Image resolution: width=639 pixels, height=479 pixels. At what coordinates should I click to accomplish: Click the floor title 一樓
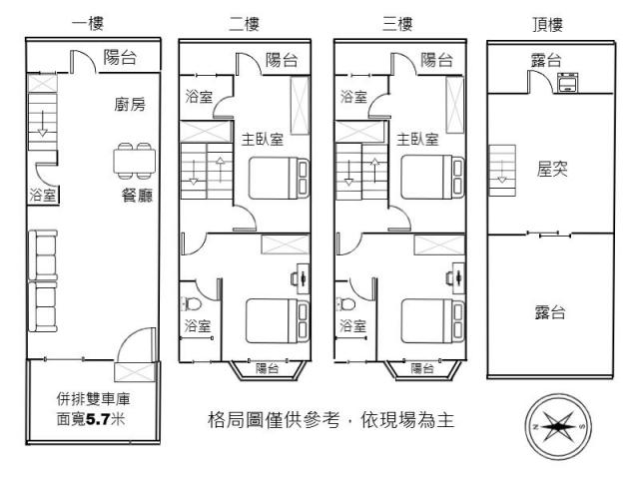point(88,23)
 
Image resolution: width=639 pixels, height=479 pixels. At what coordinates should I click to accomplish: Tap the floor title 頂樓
point(548,24)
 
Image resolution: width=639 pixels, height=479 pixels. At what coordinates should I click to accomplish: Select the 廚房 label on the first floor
point(130,105)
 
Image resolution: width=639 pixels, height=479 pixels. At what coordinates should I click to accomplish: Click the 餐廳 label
point(137,196)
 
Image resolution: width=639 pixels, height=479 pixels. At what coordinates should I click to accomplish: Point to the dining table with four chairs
point(134,161)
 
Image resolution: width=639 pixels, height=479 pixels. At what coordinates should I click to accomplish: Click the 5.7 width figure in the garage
point(98,419)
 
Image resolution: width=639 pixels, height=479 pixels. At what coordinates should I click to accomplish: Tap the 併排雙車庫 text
point(93,399)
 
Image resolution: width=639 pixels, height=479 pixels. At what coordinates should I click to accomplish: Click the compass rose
point(558,427)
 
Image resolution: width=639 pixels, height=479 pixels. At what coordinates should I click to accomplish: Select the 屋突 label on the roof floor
point(552,169)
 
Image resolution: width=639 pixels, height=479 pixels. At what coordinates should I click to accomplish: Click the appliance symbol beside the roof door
point(567,83)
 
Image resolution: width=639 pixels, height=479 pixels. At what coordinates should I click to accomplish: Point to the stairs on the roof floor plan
point(502,171)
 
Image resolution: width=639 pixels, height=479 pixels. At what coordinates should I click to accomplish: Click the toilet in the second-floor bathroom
point(191,303)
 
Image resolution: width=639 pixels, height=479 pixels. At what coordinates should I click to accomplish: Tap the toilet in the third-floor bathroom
point(345,303)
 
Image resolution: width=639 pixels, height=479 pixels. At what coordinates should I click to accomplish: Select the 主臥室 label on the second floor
point(262,140)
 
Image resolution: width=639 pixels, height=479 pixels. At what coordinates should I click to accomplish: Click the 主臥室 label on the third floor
point(417,140)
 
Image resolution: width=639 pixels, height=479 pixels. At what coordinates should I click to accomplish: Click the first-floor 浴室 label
point(42,196)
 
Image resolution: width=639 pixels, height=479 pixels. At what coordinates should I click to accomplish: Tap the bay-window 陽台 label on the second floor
point(268,368)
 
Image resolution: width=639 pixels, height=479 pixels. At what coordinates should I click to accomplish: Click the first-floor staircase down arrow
point(42,123)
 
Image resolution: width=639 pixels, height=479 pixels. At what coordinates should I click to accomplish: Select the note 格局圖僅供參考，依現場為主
point(330,420)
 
